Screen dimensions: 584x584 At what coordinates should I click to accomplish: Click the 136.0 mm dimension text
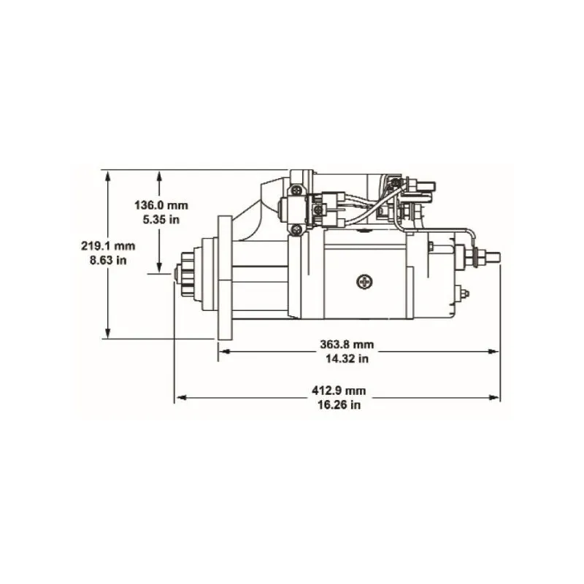click(161, 205)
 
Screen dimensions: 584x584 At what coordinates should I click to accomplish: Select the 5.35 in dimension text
click(161, 220)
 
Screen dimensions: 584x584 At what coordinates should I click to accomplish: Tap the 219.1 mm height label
click(108, 246)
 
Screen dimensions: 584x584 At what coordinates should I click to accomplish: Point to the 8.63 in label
click(108, 260)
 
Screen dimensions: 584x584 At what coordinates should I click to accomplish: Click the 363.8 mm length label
click(347, 345)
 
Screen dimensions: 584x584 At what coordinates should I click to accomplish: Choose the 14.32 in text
click(347, 358)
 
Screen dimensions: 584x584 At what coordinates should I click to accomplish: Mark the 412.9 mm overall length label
click(339, 391)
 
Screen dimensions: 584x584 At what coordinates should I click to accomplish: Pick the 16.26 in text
click(339, 405)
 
